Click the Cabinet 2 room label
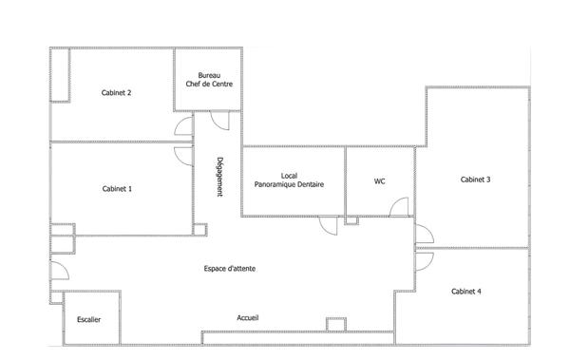[116, 92]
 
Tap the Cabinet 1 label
[116, 189]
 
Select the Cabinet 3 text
[475, 180]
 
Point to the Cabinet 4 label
[465, 291]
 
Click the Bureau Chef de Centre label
[209, 80]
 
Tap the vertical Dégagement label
[219, 177]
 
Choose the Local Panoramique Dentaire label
[290, 180]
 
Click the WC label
[379, 180]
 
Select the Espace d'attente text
[229, 268]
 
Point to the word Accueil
[248, 317]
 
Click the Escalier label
[89, 320]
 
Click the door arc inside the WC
[400, 206]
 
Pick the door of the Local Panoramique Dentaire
[329, 226]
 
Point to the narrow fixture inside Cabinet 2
[60, 74]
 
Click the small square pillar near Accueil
[334, 324]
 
